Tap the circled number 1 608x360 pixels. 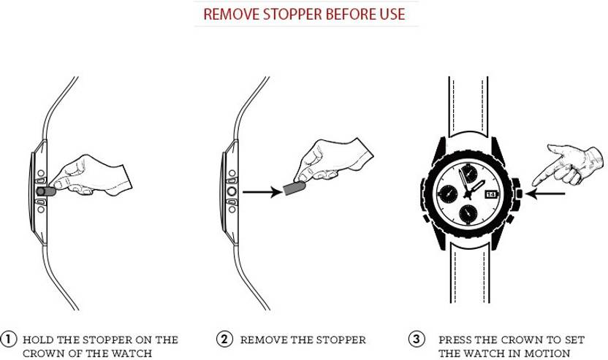coord(9,339)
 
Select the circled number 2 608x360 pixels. coord(224,339)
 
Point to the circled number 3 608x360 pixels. coord(416,339)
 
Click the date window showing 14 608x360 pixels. coord(491,194)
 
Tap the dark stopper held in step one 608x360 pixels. coord(45,191)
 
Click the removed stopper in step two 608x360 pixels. coord(294,188)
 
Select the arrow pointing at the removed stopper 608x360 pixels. coord(262,191)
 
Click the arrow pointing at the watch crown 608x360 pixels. coord(546,194)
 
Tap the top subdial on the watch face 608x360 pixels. coord(469,173)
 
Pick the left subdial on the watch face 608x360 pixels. coord(448,194)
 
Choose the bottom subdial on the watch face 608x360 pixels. coord(468,214)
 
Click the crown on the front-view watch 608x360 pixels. coord(519,194)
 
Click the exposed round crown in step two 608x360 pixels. coord(232,191)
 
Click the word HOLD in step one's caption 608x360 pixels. coord(39,340)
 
